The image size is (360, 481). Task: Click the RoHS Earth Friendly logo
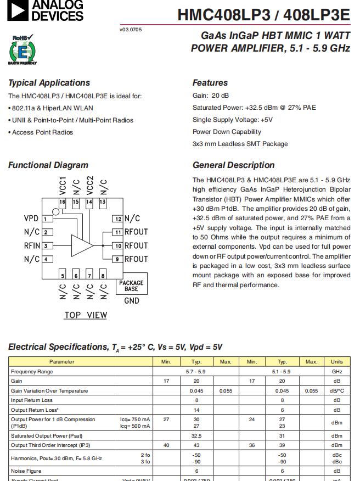(x=22, y=50)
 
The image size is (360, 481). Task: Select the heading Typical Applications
(x=49, y=83)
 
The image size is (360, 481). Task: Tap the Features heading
(x=210, y=83)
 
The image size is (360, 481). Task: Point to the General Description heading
(x=233, y=165)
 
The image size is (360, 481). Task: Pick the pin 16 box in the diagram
(x=63, y=202)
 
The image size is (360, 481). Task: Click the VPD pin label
(x=31, y=219)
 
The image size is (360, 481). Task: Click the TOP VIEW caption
(x=86, y=315)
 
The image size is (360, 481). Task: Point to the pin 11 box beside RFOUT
(x=117, y=232)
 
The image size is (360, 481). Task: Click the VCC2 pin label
(x=90, y=185)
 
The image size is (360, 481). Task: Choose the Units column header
(x=336, y=362)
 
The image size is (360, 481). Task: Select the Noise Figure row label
(x=26, y=471)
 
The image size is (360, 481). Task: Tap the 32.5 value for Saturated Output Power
(x=196, y=435)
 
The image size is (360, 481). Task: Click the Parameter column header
(x=61, y=362)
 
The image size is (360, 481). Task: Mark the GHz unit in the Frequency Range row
(x=336, y=372)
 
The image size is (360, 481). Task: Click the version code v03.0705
(x=130, y=29)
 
